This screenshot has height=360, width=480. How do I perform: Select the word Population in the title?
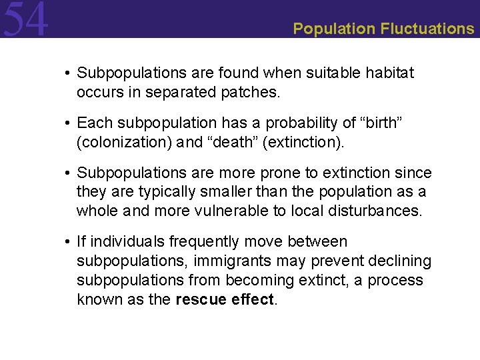[x=334, y=29]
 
